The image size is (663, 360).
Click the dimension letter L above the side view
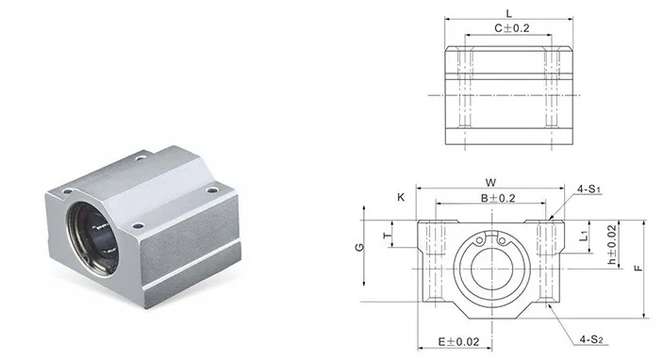[x=508, y=13]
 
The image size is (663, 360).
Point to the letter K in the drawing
[x=401, y=198]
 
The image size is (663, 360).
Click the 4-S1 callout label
[x=588, y=190]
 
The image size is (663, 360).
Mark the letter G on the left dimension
[x=360, y=248]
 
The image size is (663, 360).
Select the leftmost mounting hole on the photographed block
[x=67, y=191]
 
